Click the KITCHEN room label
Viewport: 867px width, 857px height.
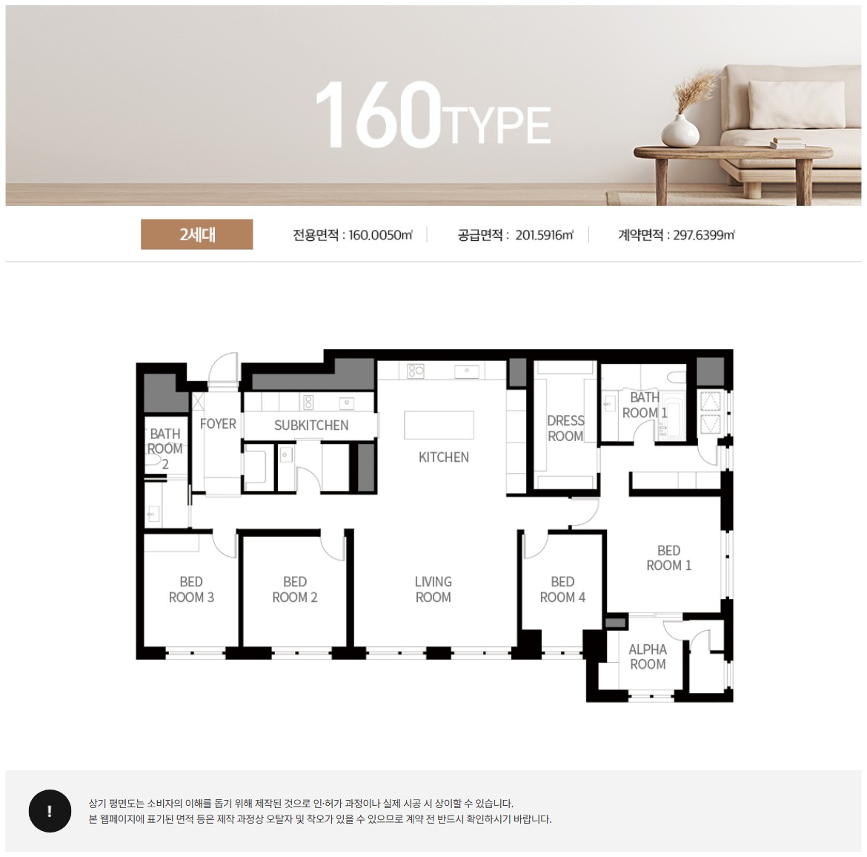443,457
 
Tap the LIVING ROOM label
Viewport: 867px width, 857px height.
433,589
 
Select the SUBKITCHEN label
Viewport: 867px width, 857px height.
311,426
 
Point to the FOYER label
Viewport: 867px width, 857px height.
218,424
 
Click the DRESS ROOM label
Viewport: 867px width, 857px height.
565,428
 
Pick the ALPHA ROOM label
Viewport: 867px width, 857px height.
648,657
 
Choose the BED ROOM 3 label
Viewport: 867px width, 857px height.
191,589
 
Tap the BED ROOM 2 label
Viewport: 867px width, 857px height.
295,589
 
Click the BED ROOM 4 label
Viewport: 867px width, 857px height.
562,589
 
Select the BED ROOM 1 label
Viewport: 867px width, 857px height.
668,557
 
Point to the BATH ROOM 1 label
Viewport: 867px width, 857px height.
645,405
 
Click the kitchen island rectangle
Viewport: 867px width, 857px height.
439,424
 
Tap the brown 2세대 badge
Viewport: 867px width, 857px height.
197,234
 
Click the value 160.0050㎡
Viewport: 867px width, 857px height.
380,235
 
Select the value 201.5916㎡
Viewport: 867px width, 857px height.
544,235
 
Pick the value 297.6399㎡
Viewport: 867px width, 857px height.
703,235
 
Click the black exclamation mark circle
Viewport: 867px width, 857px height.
50,811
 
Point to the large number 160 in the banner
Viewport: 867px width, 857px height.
378,114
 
